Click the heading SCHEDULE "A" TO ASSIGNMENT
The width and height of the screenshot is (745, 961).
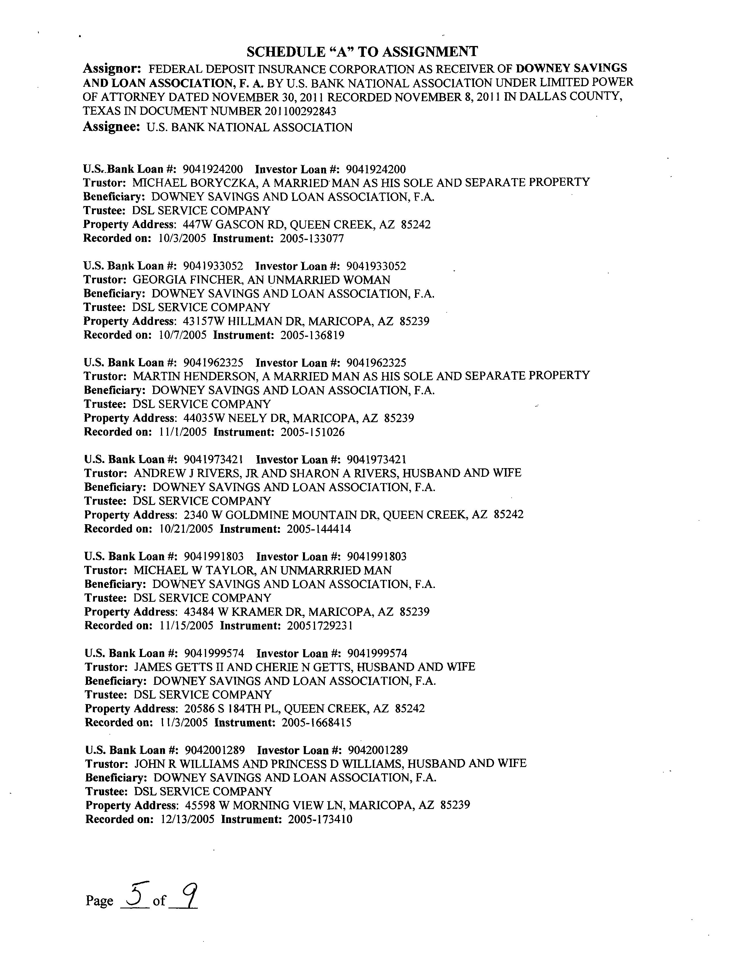362,52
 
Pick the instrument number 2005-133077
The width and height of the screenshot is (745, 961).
312,239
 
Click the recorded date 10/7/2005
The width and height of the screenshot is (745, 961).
182,335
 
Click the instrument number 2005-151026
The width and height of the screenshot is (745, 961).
312,432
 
